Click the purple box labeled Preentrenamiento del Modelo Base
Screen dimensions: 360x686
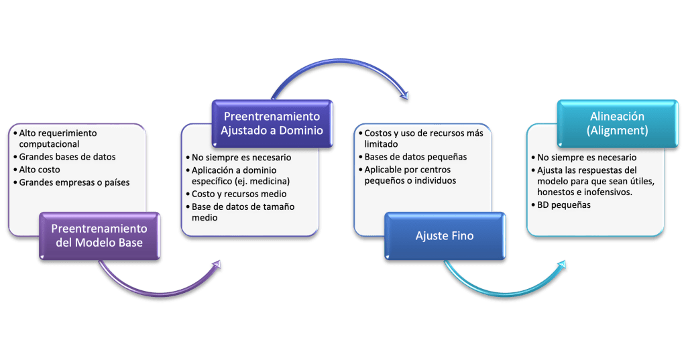tap(99, 235)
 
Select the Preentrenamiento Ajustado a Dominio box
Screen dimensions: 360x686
tap(272, 123)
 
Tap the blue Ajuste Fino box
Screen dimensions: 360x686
tap(445, 236)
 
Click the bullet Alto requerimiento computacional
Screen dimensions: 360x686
tap(58, 138)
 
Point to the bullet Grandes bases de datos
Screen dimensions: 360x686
tap(67, 157)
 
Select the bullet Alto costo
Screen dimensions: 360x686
tap(40, 170)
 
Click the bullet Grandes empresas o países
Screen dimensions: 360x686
tap(74, 182)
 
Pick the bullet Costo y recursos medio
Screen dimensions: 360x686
tap(239, 194)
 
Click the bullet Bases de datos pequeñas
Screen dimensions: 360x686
tap(416, 157)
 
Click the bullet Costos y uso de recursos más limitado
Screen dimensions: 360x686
tap(422, 138)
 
